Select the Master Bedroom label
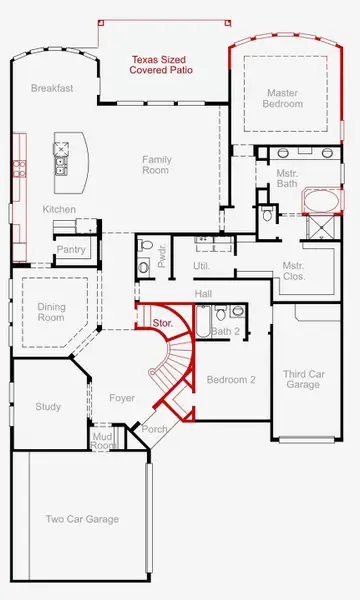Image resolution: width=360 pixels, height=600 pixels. coord(282,98)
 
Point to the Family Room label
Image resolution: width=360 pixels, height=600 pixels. coord(155,165)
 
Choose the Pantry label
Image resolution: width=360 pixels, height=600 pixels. coord(70,249)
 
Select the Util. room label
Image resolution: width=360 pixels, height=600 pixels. coord(200,265)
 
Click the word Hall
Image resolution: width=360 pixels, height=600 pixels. coord(204,293)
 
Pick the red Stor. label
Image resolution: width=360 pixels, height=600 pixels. coord(163,323)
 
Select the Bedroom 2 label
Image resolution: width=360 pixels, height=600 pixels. coord(231,380)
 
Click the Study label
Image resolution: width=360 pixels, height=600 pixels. coord(48,407)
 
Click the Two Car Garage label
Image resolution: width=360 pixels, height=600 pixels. coord(83,519)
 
